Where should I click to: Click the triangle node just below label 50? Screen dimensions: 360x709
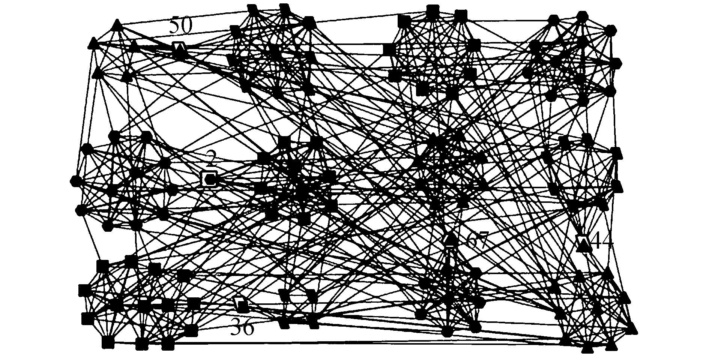coord(180,48)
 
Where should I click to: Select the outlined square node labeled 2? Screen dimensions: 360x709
coord(210,179)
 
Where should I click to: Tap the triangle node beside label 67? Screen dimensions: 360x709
coord(451,239)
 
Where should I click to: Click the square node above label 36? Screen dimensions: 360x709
coord(242,305)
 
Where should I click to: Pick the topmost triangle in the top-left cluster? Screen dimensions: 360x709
coord(117,25)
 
